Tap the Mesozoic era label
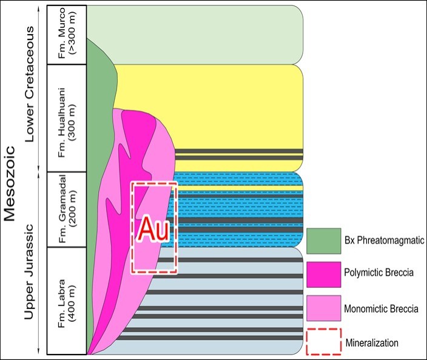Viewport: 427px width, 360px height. [x=10, y=184]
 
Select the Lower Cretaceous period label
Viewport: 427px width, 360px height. [x=29, y=84]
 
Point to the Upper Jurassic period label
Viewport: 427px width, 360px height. [x=29, y=272]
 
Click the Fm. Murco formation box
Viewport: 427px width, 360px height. [x=67, y=35]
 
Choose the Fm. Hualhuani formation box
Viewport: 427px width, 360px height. [x=67, y=118]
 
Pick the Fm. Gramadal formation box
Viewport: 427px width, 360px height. [x=67, y=209]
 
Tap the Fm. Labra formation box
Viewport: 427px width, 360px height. [x=67, y=301]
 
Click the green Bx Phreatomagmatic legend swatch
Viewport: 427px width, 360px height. [x=324, y=241]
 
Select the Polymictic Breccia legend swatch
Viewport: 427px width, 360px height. [x=324, y=274]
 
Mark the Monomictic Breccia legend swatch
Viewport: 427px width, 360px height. [x=324, y=308]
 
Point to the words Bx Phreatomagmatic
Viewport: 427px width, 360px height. [x=385, y=240]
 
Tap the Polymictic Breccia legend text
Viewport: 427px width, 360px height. [x=379, y=272]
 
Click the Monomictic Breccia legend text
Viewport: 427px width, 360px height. [x=382, y=309]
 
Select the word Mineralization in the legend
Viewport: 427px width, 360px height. [x=372, y=342]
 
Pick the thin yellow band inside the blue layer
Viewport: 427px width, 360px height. [x=237, y=188]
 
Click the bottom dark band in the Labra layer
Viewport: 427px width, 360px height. [x=210, y=338]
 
